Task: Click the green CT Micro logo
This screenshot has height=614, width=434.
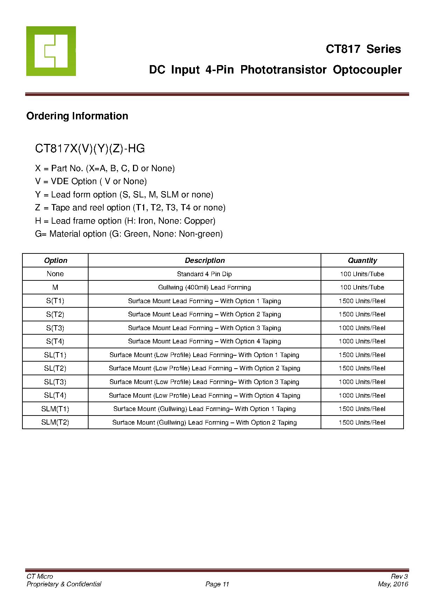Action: (51, 51)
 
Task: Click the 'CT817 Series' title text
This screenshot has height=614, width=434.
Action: (363, 49)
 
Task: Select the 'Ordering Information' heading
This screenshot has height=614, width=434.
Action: (77, 116)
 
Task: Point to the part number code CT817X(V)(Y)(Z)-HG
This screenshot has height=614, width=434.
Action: (90, 149)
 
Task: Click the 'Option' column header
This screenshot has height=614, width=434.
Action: (55, 260)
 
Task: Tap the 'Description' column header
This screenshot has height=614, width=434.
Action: (204, 260)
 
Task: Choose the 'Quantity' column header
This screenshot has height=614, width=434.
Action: (362, 260)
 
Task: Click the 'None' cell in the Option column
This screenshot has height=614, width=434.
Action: (55, 274)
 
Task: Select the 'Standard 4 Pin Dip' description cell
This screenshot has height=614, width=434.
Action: (204, 274)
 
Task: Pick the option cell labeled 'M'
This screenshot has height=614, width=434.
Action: (55, 287)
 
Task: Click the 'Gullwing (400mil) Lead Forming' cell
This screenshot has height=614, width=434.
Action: (204, 287)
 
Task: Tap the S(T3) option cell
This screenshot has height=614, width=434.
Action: (55, 328)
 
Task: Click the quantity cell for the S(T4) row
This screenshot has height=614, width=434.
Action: (362, 341)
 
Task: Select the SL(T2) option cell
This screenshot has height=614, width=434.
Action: (55, 368)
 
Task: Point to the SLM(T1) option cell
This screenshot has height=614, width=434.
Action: (55, 409)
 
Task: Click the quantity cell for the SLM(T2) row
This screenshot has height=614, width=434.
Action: (362, 423)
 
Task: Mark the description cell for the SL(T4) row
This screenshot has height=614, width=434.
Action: (204, 396)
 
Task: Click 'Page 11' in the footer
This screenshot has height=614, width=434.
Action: (217, 584)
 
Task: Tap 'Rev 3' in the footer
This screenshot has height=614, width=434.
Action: (399, 577)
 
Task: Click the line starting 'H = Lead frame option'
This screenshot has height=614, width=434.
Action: (125, 221)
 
